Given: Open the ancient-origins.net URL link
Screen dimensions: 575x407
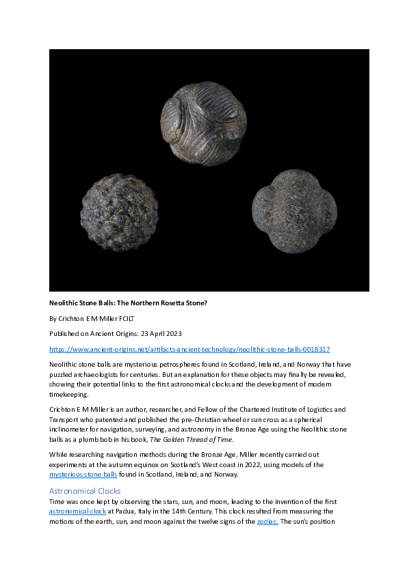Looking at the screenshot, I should coord(189,349).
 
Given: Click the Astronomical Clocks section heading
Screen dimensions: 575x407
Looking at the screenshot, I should coord(85,490).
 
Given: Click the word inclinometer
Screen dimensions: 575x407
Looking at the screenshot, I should coord(73,428).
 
